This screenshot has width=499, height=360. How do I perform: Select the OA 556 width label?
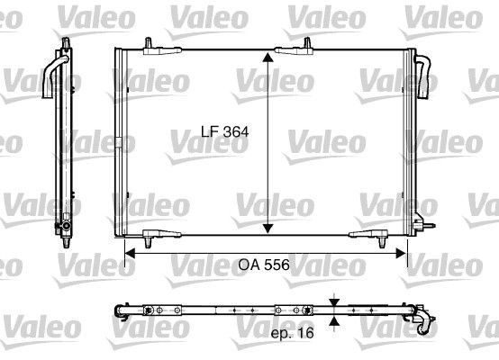[x=264, y=265]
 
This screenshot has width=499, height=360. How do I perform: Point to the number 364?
[x=234, y=130]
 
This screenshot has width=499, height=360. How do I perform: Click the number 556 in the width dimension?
[x=276, y=265]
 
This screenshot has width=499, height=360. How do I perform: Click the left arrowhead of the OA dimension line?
[x=128, y=253]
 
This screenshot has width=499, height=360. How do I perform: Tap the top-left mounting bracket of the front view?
[x=149, y=48]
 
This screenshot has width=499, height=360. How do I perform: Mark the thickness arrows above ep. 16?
[x=335, y=310]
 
